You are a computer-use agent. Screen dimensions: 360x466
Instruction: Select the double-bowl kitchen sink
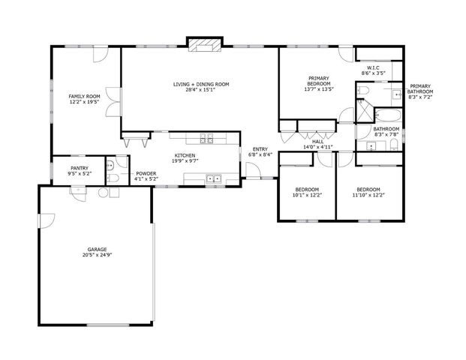click(212, 178)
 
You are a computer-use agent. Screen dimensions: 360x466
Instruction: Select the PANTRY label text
click(80, 168)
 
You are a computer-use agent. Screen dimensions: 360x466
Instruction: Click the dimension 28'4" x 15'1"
click(200, 90)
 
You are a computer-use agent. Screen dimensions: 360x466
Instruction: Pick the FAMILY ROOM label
click(84, 96)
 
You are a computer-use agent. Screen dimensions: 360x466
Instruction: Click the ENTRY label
click(260, 148)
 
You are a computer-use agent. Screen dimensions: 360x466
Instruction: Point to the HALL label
click(319, 141)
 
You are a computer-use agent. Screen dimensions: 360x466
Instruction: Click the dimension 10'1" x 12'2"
click(307, 195)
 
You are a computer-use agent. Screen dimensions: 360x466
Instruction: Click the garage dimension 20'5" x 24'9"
click(96, 255)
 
